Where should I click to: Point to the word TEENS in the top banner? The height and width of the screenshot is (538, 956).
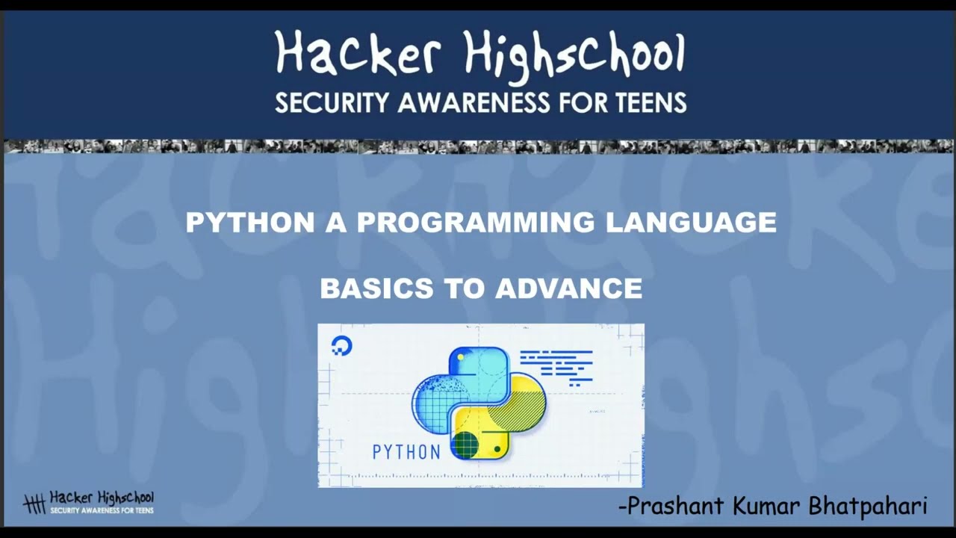(648, 102)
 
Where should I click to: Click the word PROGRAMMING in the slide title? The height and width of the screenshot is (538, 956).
(476, 222)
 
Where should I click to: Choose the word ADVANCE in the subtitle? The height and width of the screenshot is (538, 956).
(568, 288)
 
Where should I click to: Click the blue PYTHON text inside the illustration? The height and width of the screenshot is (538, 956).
(406, 451)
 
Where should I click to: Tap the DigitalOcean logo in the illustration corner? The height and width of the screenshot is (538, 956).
(341, 346)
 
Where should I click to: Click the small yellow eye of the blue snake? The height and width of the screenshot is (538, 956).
(461, 358)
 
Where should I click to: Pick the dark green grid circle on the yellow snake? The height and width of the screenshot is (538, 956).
(465, 445)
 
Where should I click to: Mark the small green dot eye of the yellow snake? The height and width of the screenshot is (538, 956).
(497, 449)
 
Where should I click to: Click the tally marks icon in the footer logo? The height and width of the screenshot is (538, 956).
(34, 503)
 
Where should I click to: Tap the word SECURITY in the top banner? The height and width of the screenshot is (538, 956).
(332, 102)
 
